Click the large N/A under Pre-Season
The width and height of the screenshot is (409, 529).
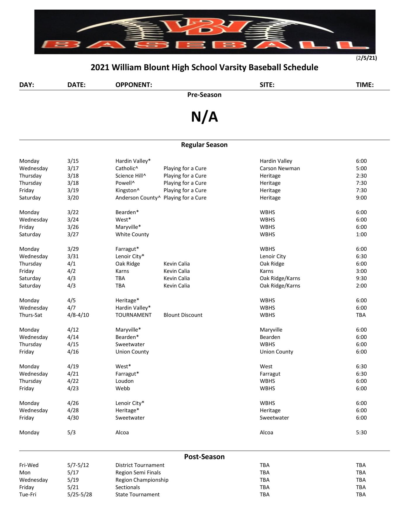pos(204,117)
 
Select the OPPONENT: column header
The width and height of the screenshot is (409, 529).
pos(134,85)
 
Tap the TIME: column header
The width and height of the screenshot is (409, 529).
pos(365,85)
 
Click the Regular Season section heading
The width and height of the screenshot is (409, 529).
pos(204,145)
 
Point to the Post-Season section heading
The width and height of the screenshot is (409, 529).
pos(204,457)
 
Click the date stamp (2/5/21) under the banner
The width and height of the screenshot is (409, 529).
pos(366,58)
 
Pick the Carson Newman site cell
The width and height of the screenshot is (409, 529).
pos(280,168)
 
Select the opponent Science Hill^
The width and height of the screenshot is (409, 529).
pos(131,176)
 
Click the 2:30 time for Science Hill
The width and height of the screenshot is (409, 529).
pos(361,176)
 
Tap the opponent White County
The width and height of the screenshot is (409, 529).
pos(132,234)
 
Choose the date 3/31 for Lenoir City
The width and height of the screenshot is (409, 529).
pos(73,256)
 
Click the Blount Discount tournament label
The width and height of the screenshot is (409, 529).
pos(183,315)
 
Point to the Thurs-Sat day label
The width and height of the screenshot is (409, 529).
pos(31,315)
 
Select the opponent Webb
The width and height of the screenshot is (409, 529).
pos(122,388)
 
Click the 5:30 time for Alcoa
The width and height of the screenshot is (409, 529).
pos(361,432)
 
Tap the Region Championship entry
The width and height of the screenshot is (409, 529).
pos(142,480)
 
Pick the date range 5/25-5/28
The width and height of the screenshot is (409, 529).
pos(79,495)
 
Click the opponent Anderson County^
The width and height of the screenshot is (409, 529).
pos(138,198)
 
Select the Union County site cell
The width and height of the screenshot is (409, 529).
pos(276,352)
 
